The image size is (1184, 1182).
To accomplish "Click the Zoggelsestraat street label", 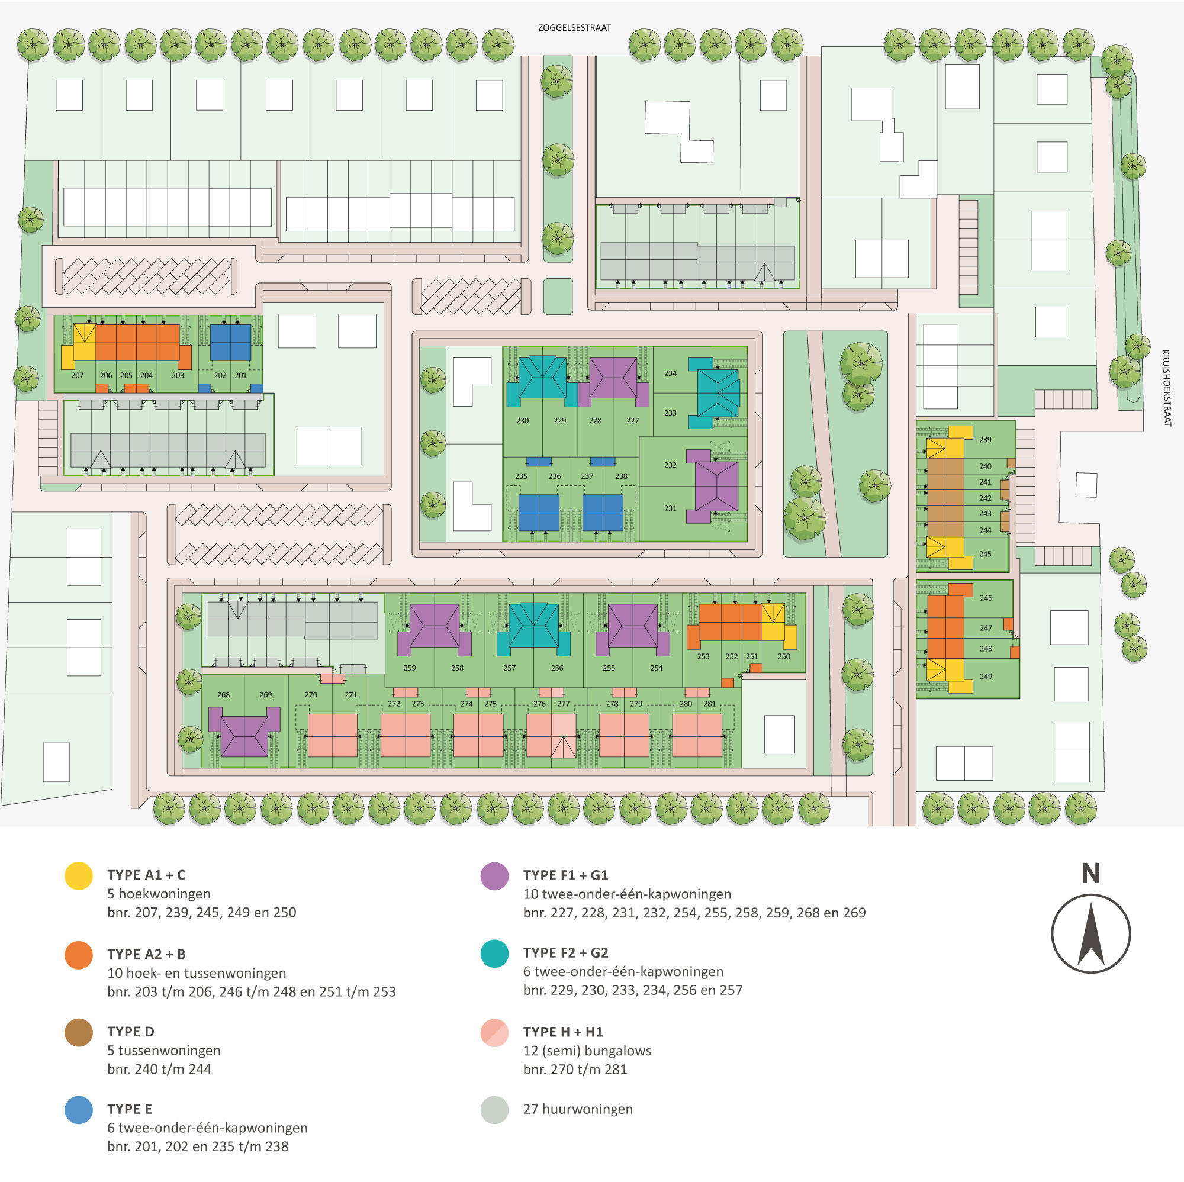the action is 574,28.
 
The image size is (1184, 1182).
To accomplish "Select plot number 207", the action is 77,376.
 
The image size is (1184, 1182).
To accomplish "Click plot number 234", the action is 671,373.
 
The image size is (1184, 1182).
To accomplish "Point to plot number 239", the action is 986,439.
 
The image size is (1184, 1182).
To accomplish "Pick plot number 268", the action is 224,694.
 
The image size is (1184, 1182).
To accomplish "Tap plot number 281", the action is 710,703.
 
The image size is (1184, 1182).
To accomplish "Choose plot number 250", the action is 784,656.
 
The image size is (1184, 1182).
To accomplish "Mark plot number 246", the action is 986,597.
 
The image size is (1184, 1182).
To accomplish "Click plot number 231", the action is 671,508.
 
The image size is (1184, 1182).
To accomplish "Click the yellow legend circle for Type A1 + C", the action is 79,875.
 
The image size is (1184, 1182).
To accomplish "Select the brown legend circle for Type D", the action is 79,1032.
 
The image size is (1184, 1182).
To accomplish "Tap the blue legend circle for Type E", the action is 79,1110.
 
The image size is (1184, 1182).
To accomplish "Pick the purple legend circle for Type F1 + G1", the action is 494,875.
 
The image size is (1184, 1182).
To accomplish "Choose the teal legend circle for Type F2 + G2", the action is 494,954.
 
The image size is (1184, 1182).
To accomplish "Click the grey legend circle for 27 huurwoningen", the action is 494,1110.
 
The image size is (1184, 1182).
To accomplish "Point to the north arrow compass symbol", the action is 1091,933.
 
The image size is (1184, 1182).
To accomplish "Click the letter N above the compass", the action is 1091,873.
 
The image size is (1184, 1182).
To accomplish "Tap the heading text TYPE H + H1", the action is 563,1032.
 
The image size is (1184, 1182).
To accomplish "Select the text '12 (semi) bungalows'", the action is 587,1051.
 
